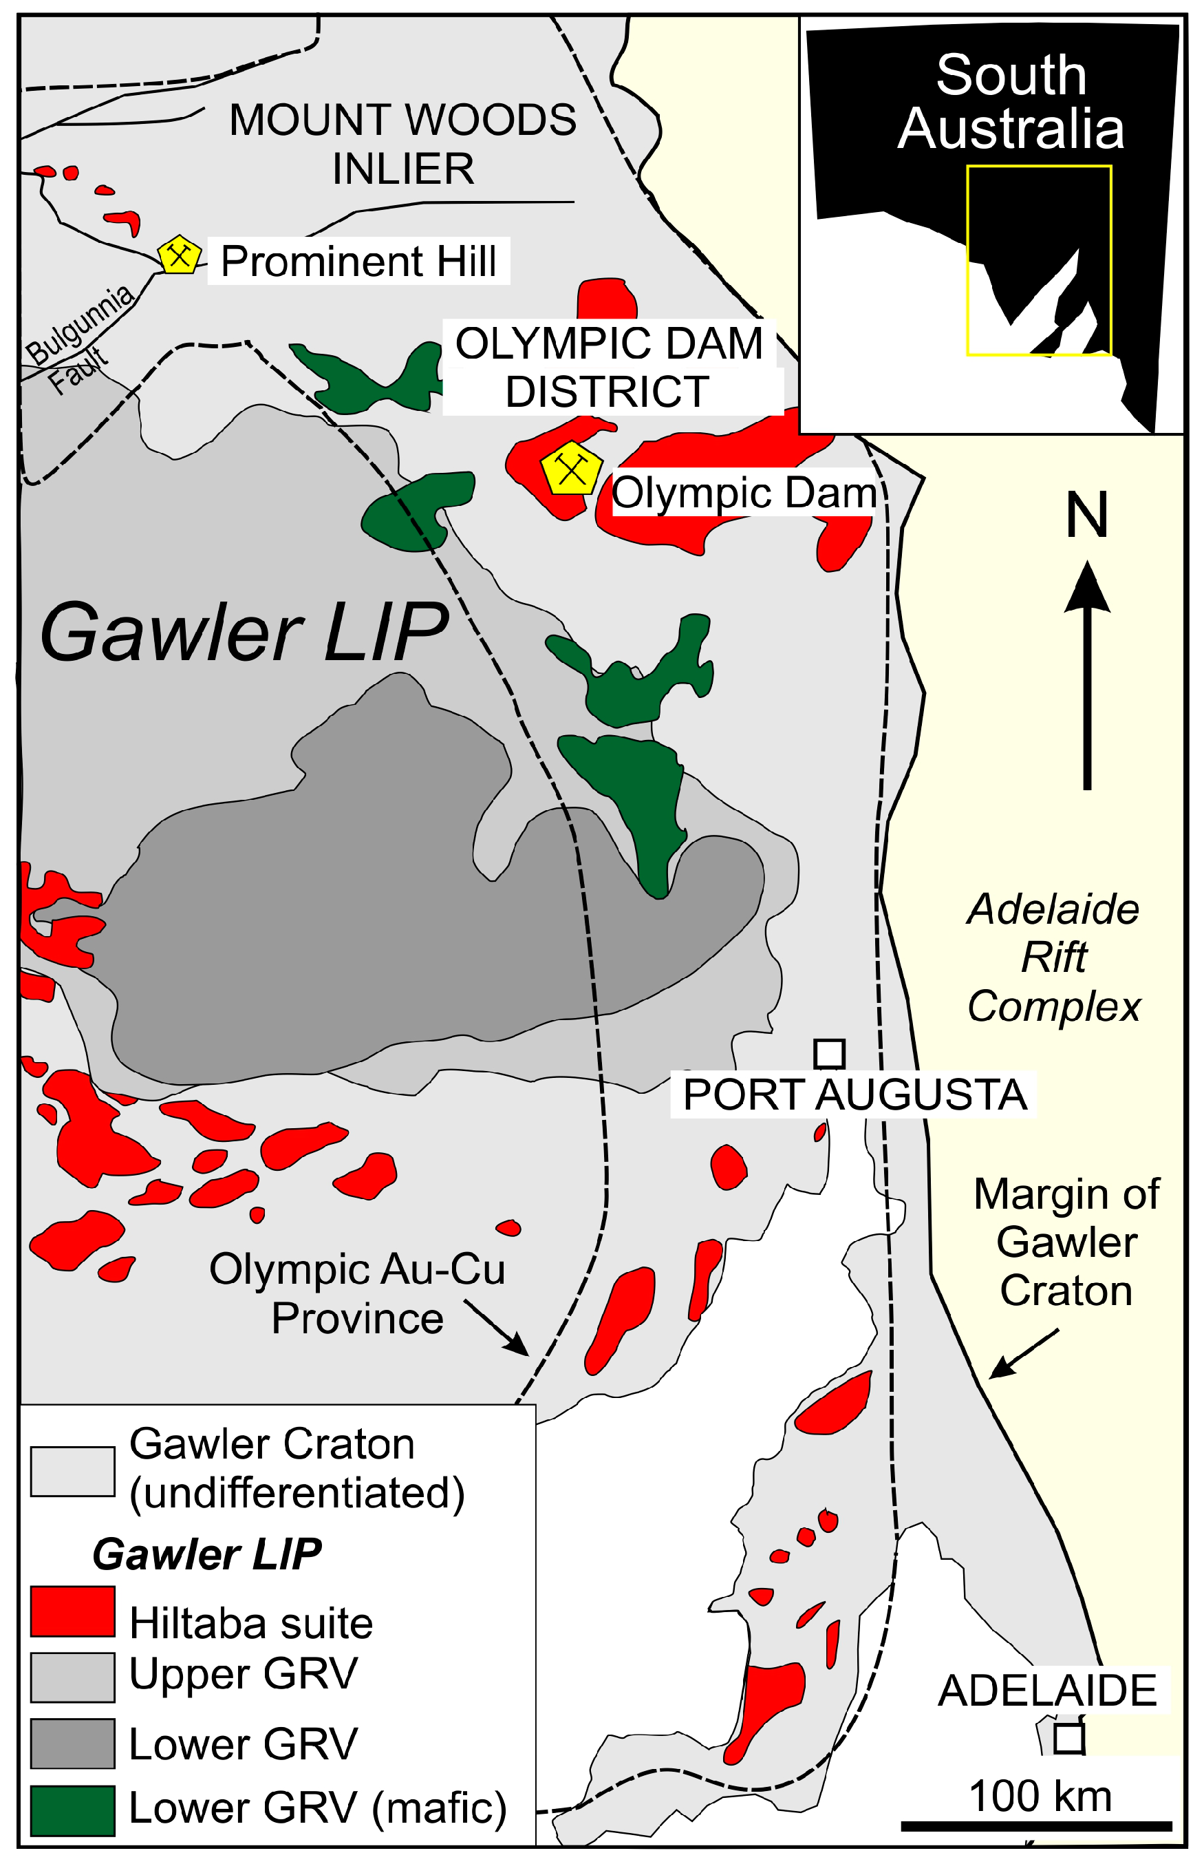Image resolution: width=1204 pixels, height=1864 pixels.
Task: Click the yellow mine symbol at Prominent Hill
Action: [x=179, y=255]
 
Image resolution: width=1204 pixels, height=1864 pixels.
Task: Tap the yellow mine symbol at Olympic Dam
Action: [x=572, y=469]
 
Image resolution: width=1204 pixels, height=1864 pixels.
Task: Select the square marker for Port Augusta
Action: [x=830, y=1054]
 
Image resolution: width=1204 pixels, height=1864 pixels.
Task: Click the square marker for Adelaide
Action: [x=1068, y=1739]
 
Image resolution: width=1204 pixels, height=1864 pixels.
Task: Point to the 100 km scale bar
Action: [x=1037, y=1825]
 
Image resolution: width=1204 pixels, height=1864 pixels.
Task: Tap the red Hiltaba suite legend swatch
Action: [x=73, y=1611]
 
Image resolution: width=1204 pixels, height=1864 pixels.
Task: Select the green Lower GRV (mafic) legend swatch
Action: [x=73, y=1811]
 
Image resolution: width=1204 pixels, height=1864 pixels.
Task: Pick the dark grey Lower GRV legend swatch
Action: [x=73, y=1744]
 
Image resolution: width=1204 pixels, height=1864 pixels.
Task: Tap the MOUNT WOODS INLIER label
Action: [x=402, y=145]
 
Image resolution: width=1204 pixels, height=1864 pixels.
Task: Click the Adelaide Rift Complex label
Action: [x=1053, y=957]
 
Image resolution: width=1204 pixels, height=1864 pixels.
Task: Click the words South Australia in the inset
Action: [x=1011, y=102]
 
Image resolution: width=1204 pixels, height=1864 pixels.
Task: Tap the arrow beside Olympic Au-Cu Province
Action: [x=497, y=1327]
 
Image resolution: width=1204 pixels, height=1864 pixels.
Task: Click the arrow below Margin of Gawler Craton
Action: [x=1022, y=1353]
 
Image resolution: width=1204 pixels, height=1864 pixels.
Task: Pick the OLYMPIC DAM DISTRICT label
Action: [x=610, y=367]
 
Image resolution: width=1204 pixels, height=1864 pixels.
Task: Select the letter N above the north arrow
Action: [x=1087, y=516]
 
